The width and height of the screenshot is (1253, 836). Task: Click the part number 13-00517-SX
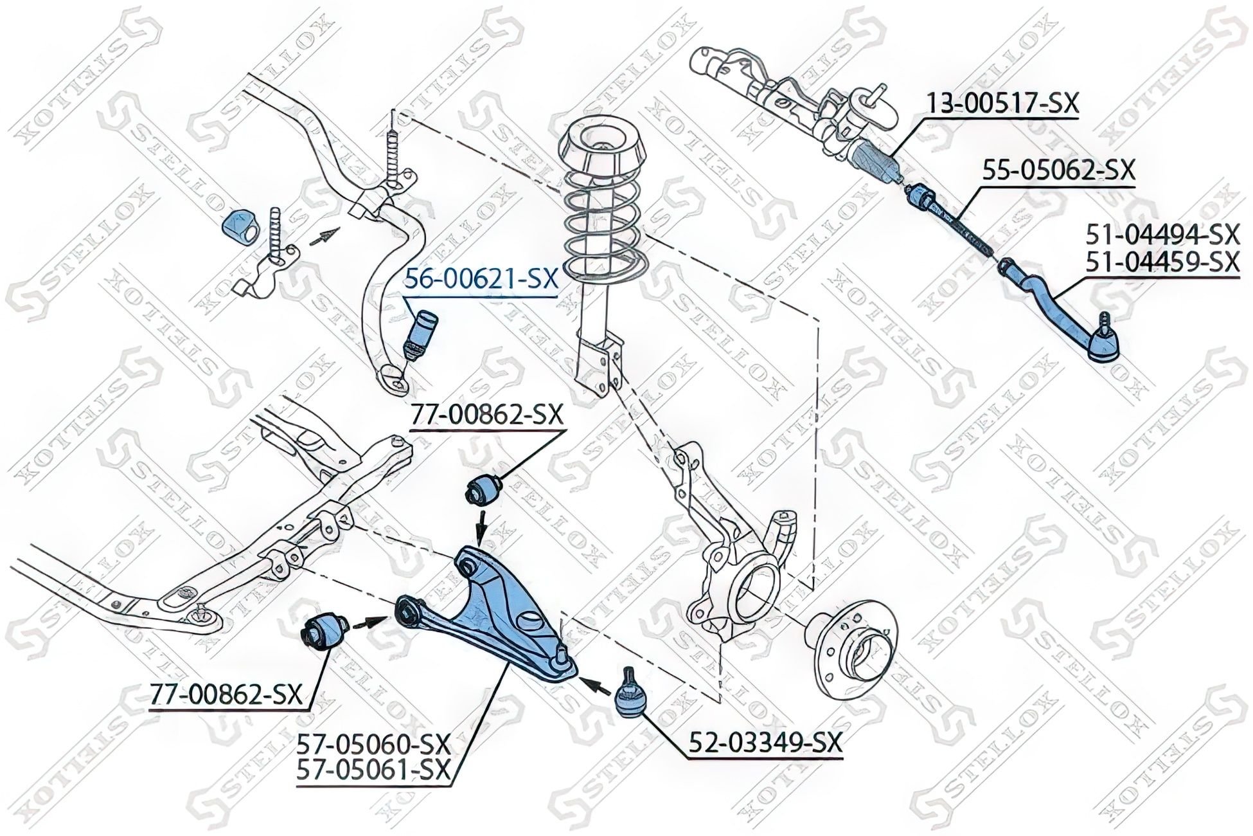[1003, 104]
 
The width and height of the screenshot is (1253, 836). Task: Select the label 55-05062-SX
[1058, 171]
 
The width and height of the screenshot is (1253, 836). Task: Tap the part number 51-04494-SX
[1162, 235]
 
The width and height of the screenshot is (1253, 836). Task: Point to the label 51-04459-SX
[1162, 262]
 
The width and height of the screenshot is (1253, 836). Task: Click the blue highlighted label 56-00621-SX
[481, 280]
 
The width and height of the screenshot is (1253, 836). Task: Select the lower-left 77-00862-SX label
[226, 695]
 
